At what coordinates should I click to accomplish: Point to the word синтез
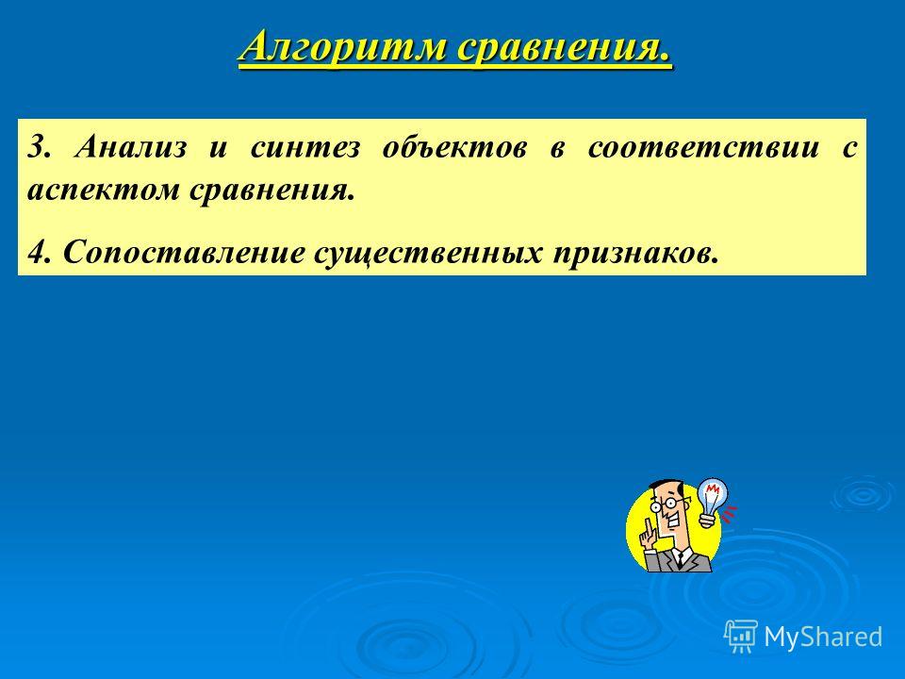(304, 148)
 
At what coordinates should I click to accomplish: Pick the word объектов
(454, 148)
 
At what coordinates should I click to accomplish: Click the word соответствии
(703, 148)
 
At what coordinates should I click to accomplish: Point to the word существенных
(428, 254)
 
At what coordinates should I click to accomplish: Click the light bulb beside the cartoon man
(712, 501)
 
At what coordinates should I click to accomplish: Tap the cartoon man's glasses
(663, 504)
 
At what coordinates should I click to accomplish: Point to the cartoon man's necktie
(681, 558)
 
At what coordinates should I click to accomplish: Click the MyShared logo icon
(741, 636)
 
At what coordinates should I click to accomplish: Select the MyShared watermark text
(823, 637)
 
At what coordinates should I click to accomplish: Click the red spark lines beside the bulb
(730, 513)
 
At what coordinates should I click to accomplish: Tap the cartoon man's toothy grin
(673, 523)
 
